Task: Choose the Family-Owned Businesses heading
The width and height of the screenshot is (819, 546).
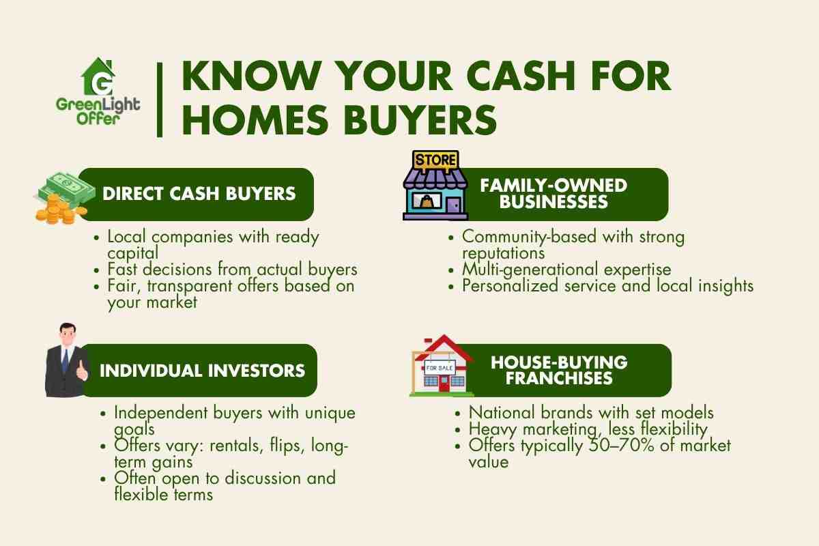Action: click(552, 193)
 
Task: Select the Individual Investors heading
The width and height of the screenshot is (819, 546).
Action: click(202, 371)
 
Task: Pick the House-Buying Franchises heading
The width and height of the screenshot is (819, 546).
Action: click(559, 370)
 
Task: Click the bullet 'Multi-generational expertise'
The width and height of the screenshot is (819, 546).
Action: click(566, 270)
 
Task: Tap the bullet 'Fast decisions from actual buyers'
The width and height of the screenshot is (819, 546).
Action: click(233, 270)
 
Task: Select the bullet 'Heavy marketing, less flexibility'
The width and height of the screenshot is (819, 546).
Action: click(588, 429)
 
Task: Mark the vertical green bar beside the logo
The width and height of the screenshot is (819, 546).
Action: click(160, 99)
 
